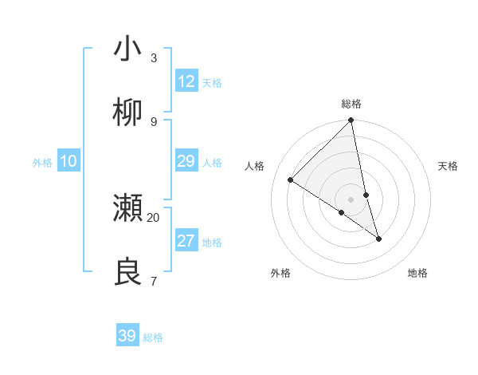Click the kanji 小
128,49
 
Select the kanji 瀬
128,208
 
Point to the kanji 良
128,272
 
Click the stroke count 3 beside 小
154,58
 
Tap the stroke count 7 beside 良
154,281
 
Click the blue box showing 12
186,81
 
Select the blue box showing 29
186,161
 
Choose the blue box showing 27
186,241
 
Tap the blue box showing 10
69,161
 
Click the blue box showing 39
127,336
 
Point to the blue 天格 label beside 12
212,83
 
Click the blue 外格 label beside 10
42,163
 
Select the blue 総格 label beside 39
154,337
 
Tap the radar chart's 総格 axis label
351,104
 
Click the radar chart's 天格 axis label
449,166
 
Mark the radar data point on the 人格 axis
291,180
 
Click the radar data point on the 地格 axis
378,239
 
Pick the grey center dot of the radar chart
351,199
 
